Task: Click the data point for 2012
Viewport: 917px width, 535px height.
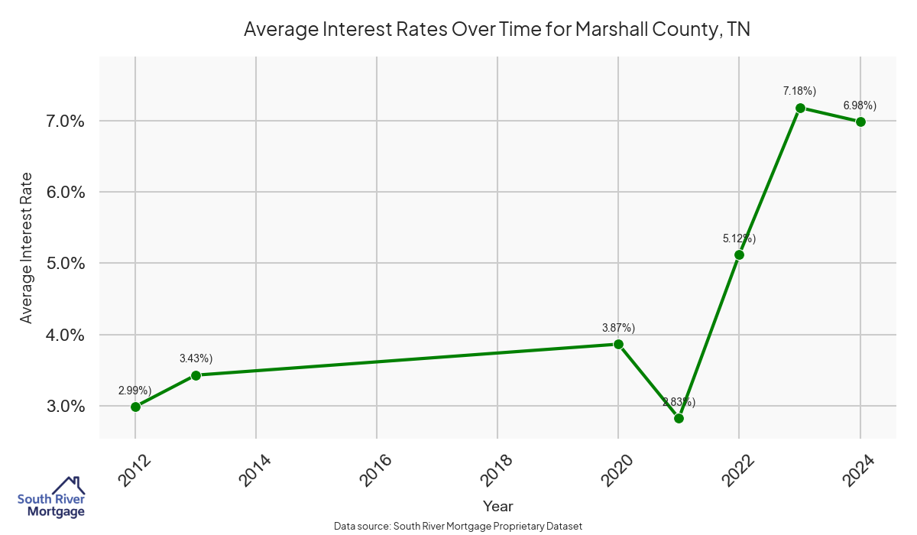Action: pyautogui.click(x=135, y=407)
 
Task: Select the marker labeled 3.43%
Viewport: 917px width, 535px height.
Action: pyautogui.click(x=196, y=375)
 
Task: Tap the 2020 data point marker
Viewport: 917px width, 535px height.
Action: pyautogui.click(x=618, y=344)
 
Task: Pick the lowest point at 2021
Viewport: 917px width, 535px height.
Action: pyautogui.click(x=679, y=418)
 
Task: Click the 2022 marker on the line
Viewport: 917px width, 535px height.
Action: pyautogui.click(x=739, y=255)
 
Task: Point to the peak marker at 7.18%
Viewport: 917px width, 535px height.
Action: pyautogui.click(x=800, y=108)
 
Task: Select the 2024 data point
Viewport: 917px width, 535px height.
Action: pyautogui.click(x=860, y=122)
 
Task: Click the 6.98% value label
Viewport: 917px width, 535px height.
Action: pyautogui.click(x=860, y=105)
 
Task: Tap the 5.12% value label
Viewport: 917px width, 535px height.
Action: pyautogui.click(x=739, y=238)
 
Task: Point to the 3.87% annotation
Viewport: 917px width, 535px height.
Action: pyautogui.click(x=618, y=328)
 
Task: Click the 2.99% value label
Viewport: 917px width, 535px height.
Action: pyautogui.click(x=134, y=391)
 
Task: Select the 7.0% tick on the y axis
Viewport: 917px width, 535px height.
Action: pyautogui.click(x=66, y=121)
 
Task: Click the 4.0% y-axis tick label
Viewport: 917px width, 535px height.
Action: pyautogui.click(x=66, y=335)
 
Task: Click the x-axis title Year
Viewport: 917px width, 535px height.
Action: pyautogui.click(x=497, y=506)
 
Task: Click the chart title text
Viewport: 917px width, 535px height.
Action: pyautogui.click(x=497, y=30)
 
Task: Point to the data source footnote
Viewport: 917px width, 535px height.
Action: pyautogui.click(x=458, y=526)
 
